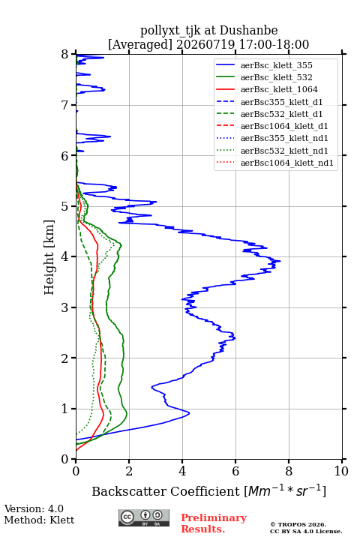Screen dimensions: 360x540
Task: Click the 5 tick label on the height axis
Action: coord(64,207)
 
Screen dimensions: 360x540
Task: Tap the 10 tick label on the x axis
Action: coord(341,471)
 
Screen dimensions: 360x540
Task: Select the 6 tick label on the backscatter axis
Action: coord(235,471)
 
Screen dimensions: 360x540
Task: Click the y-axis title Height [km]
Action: coord(49,257)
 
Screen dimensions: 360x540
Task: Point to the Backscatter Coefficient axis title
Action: coord(208,490)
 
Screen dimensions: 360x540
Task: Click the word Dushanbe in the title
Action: coord(248,31)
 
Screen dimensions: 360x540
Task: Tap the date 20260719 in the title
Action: coord(205,44)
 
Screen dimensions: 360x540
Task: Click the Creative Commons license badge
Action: coord(144,517)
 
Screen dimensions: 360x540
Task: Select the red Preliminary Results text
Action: coord(214,523)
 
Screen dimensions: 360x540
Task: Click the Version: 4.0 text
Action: coord(34,508)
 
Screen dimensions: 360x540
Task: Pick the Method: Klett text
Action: coord(39,520)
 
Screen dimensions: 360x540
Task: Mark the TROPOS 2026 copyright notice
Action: coord(298,524)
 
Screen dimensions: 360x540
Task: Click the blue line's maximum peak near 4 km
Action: coord(280,261)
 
